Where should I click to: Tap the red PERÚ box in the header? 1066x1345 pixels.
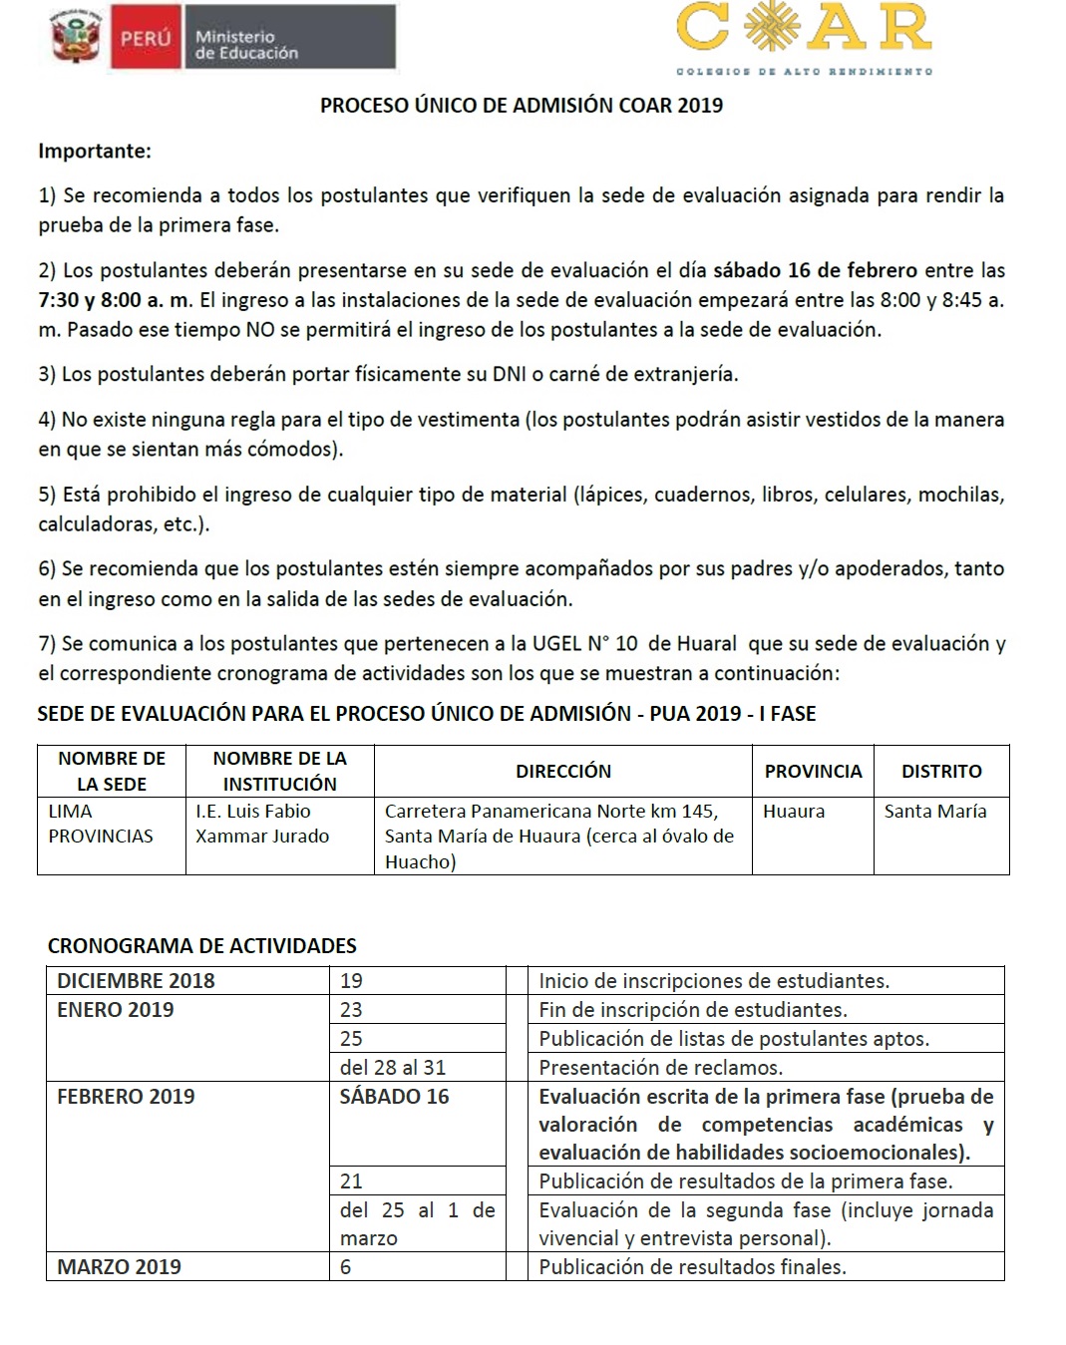146,39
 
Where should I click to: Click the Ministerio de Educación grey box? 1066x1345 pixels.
289,39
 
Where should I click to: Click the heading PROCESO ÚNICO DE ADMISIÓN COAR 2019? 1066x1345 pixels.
521,106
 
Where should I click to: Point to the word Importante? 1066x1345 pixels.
95,152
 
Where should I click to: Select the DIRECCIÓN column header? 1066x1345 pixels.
563,771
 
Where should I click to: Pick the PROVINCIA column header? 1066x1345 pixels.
813,771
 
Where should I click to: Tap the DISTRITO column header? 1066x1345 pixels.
941,771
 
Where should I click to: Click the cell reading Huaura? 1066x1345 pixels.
794,812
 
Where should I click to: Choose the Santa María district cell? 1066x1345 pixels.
935,812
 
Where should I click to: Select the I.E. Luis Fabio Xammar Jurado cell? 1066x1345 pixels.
262,824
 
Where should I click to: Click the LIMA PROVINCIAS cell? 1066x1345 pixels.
101,824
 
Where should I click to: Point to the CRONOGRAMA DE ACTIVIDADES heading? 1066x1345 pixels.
202,945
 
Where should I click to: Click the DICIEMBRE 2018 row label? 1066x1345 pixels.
136,980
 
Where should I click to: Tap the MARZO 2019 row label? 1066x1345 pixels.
119,1266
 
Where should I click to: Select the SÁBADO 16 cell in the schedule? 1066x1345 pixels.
394,1097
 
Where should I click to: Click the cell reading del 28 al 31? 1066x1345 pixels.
393,1067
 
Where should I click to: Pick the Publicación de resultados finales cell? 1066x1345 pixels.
692,1266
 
